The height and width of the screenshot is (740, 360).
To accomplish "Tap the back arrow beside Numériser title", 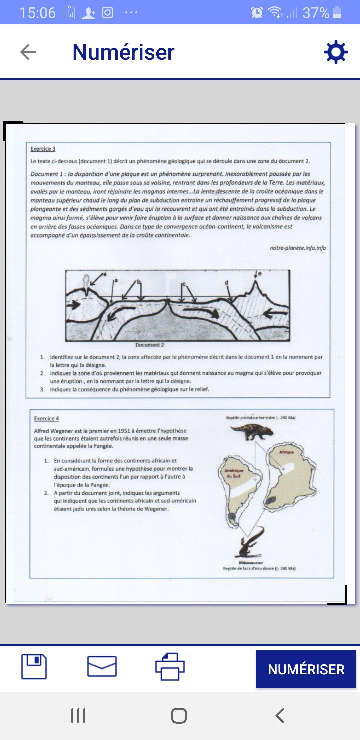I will point(28,52).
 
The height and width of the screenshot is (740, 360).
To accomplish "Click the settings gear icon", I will point(336,52).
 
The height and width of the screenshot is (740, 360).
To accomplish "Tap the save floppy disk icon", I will point(34,667).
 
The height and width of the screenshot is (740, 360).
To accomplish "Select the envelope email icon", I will point(102,667).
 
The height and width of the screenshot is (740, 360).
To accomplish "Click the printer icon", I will point(170,667).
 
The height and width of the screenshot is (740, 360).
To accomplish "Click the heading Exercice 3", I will point(43,149).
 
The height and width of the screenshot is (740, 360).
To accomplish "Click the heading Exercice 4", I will point(46,418).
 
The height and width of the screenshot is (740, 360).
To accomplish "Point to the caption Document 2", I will point(150,345).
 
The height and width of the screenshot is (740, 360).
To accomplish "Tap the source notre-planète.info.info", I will point(298,248).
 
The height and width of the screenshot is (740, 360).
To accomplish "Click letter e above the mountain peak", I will point(260,274).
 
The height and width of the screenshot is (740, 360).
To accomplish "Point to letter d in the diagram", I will point(226,283).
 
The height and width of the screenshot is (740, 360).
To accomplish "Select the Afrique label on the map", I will point(286,452).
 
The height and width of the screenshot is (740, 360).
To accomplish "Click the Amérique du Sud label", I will point(234,473).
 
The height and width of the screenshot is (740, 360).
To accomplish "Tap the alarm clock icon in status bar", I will point(257,13).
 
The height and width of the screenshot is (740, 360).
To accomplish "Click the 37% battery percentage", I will point(316,13).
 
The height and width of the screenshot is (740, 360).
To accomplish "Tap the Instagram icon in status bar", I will point(107,13).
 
